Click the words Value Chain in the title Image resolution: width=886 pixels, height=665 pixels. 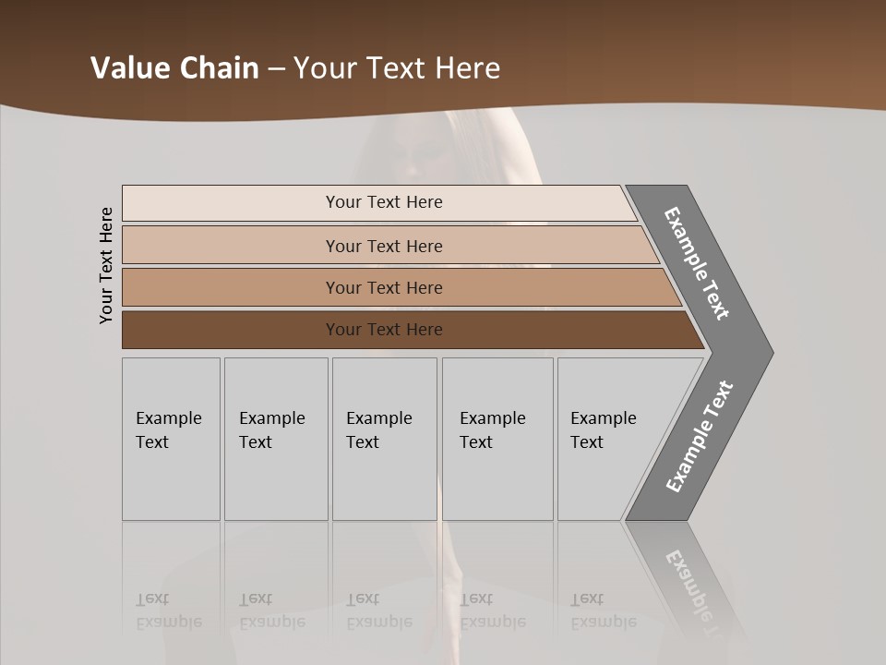pyautogui.click(x=174, y=68)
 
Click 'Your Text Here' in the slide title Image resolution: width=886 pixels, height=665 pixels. pyautogui.click(x=397, y=68)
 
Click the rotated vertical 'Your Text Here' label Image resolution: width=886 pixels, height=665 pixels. pyautogui.click(x=106, y=265)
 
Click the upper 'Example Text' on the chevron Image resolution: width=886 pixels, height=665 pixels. pyautogui.click(x=698, y=263)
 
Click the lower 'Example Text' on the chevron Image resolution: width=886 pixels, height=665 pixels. pyautogui.click(x=699, y=436)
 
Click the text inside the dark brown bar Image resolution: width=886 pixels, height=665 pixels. pyautogui.click(x=384, y=330)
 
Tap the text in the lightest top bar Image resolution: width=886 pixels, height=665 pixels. pyautogui.click(x=384, y=202)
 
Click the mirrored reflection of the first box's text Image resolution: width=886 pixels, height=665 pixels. pyautogui.click(x=168, y=611)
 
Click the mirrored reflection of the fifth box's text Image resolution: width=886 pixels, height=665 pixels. pyautogui.click(x=603, y=611)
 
